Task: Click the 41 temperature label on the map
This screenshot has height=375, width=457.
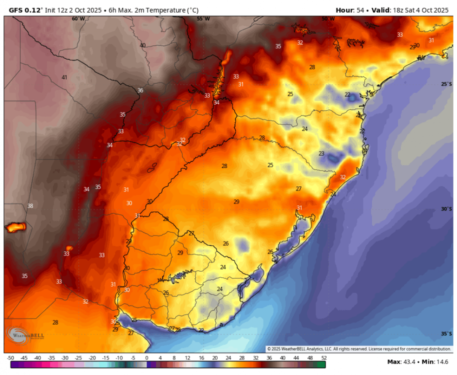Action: click(64, 77)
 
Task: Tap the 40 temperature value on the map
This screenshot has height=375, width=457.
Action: click(142, 45)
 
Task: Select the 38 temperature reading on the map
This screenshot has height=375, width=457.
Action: click(30, 206)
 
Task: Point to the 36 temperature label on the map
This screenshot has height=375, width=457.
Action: click(140, 90)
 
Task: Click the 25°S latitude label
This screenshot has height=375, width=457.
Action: click(446, 84)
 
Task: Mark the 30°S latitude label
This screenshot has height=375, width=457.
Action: click(446, 209)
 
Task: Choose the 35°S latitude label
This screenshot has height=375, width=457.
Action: click(446, 333)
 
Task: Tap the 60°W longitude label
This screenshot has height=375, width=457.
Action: click(78, 18)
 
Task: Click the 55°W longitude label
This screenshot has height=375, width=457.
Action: click(203, 18)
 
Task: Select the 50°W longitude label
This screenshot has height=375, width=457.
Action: click(328, 18)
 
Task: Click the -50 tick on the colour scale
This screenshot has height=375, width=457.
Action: click(10, 358)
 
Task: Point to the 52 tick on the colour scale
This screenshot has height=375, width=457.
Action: click(323, 358)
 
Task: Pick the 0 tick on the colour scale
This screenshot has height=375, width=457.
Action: click(146, 358)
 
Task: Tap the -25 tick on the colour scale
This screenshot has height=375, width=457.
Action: click(78, 358)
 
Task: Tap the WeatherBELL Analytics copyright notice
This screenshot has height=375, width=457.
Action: click(359, 348)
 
